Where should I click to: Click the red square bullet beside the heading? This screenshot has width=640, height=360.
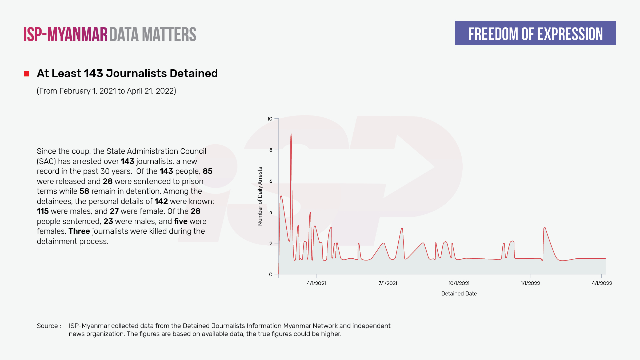coord(26,74)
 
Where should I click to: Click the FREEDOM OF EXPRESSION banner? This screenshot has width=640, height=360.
coord(535,33)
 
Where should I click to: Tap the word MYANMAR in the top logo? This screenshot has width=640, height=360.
coord(77,35)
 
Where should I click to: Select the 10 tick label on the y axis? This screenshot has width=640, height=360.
coord(270,119)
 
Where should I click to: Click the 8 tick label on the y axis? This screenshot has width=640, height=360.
coord(271,150)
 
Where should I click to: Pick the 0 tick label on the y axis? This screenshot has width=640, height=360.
coord(271,275)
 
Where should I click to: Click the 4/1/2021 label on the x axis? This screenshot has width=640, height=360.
coord(316,283)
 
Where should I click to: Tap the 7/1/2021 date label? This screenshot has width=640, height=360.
coord(388,283)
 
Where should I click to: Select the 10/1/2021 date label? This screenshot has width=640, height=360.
coord(459,283)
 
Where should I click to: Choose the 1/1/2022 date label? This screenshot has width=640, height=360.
coord(530,283)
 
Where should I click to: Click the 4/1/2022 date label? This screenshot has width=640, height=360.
coord(602,283)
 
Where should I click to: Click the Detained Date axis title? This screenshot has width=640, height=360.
coord(459,294)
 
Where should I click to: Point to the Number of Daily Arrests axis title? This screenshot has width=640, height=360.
coord(260,196)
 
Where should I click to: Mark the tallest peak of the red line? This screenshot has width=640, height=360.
coord(291,134)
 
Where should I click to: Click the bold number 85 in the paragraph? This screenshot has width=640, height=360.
coord(207,171)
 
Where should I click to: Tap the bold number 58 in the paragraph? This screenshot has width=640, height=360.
coord(84,191)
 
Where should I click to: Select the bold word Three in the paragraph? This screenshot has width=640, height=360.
coord(79,231)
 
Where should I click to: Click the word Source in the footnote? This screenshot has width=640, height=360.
coord(47,326)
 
